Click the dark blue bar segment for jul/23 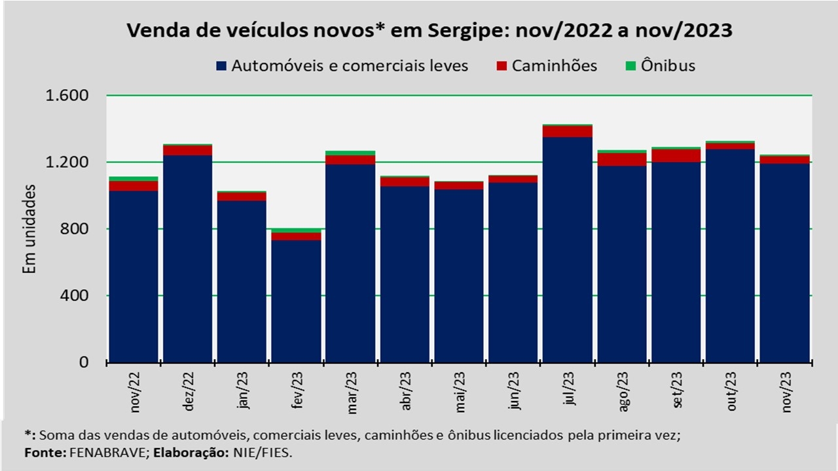(x=568, y=249)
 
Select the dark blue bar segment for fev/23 (x=296, y=301)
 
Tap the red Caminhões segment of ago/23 (x=622, y=159)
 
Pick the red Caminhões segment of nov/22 (x=134, y=186)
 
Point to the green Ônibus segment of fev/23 (x=296, y=230)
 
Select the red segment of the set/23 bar (x=676, y=156)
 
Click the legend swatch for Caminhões (x=502, y=66)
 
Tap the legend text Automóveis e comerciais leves (x=350, y=66)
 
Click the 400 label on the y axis (x=75, y=296)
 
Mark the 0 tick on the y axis (x=84, y=362)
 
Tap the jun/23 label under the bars (x=514, y=391)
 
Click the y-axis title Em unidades (x=29, y=229)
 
